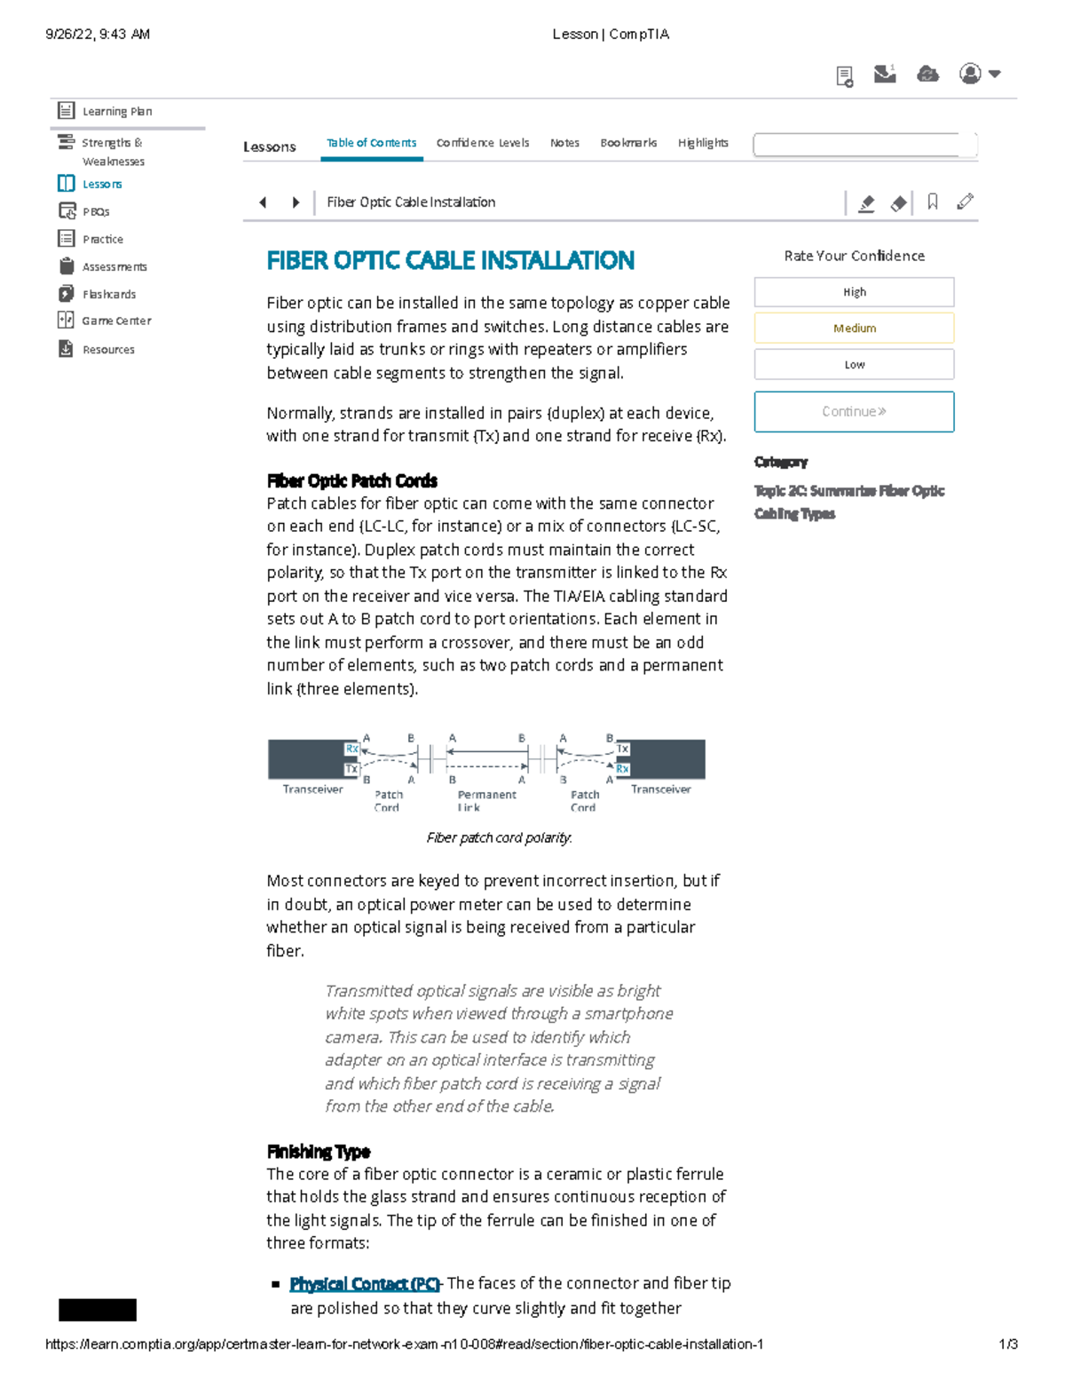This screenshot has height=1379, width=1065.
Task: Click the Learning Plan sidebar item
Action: (x=116, y=111)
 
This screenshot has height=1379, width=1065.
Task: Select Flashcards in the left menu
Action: (x=108, y=294)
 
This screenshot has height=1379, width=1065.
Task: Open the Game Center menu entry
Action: (x=115, y=321)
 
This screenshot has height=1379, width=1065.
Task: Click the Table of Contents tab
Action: (x=371, y=143)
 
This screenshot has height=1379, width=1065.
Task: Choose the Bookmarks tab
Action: (x=628, y=143)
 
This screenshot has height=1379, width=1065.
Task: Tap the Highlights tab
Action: (x=703, y=143)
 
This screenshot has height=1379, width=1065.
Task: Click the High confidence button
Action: (x=854, y=292)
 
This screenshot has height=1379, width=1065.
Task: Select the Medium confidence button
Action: (x=854, y=328)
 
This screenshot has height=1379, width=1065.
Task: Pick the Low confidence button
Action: (x=854, y=364)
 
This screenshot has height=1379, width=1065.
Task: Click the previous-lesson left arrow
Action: (x=263, y=202)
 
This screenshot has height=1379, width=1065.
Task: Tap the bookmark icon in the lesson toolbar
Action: (x=933, y=202)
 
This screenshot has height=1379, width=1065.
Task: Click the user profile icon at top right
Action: (x=971, y=74)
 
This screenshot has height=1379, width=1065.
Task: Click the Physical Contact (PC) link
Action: (x=365, y=1284)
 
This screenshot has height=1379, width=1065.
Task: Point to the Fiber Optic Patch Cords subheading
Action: (x=351, y=481)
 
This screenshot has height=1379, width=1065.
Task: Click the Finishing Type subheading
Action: (x=318, y=1152)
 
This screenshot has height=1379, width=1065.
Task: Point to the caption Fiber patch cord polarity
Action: (x=499, y=837)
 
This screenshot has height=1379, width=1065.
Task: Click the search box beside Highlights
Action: (x=864, y=145)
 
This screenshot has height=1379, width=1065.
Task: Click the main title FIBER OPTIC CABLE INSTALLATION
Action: (x=450, y=260)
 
